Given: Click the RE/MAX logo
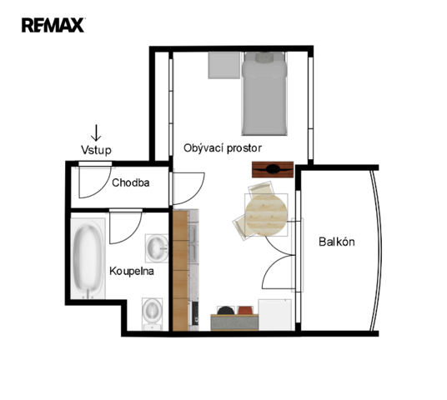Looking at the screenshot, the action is tap(53, 25).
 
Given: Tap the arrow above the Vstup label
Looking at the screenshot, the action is tap(96, 132).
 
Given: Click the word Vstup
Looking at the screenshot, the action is tap(96, 150).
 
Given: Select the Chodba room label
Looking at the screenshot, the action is tap(131, 182).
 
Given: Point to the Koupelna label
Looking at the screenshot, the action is tap(132, 271).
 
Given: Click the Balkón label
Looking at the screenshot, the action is tap(337, 242).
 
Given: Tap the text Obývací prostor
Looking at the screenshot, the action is tap(223, 148).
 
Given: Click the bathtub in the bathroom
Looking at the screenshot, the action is tap(88, 258).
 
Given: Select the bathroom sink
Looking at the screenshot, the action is tap(157, 248).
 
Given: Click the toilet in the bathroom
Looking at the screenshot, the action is tap(153, 314).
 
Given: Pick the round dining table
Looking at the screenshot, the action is tap(266, 215).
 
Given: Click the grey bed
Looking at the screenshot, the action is tap(264, 93).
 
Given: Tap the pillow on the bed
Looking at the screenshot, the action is tap(264, 57).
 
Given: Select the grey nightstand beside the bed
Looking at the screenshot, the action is tap(224, 65).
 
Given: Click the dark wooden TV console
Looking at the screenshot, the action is tap(273, 169).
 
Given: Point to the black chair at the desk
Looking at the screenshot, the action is tap(226, 310).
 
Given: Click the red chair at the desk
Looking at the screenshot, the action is tap(245, 310).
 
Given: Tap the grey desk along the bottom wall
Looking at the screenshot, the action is tap(234, 322).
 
